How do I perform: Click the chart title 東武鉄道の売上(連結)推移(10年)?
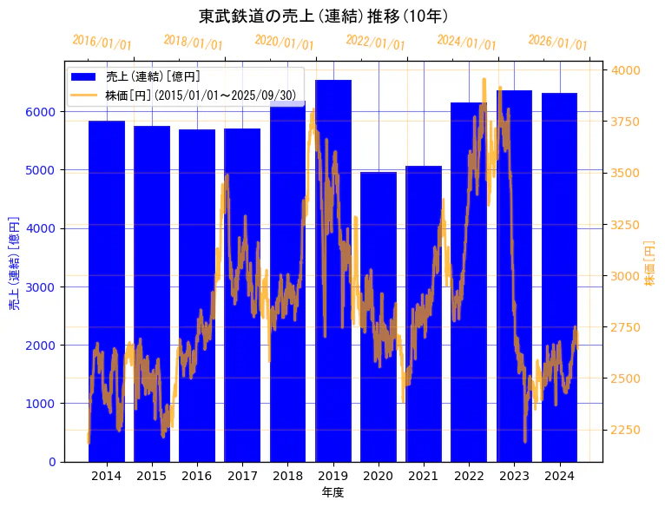(x=323, y=16)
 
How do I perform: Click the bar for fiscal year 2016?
(x=197, y=295)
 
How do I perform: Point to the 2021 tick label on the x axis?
(x=424, y=476)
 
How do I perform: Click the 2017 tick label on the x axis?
(x=242, y=476)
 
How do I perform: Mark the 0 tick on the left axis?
(x=53, y=462)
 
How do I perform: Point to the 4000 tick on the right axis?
(x=628, y=70)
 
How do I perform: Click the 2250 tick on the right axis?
(x=628, y=430)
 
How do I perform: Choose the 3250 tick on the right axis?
(x=628, y=225)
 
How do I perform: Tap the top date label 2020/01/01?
(x=284, y=43)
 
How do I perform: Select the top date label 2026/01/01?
(x=557, y=43)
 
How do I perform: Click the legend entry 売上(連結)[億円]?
(x=153, y=77)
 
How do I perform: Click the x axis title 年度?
(x=332, y=492)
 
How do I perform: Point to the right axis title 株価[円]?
(x=650, y=264)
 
